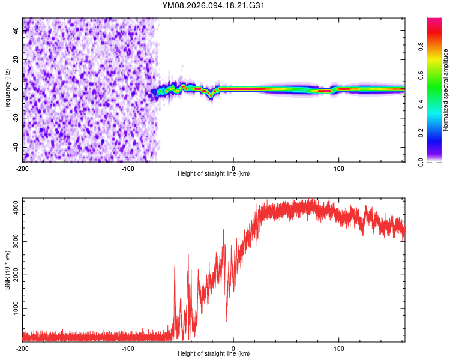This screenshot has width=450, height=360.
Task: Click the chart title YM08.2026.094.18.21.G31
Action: [214, 5]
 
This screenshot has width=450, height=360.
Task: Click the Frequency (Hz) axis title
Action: [7, 90]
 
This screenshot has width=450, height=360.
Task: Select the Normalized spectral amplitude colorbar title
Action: [446, 90]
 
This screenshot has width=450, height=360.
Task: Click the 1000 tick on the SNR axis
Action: [13, 308]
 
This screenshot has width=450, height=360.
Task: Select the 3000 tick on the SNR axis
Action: [13, 242]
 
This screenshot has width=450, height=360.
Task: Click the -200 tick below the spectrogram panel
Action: [23, 167]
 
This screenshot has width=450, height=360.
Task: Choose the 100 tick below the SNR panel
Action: [339, 348]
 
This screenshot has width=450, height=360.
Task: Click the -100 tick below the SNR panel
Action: [128, 348]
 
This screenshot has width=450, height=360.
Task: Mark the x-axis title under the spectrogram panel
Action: [214, 174]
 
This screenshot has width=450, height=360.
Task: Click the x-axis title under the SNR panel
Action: [214, 354]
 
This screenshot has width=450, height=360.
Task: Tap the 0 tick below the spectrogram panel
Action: [233, 167]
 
